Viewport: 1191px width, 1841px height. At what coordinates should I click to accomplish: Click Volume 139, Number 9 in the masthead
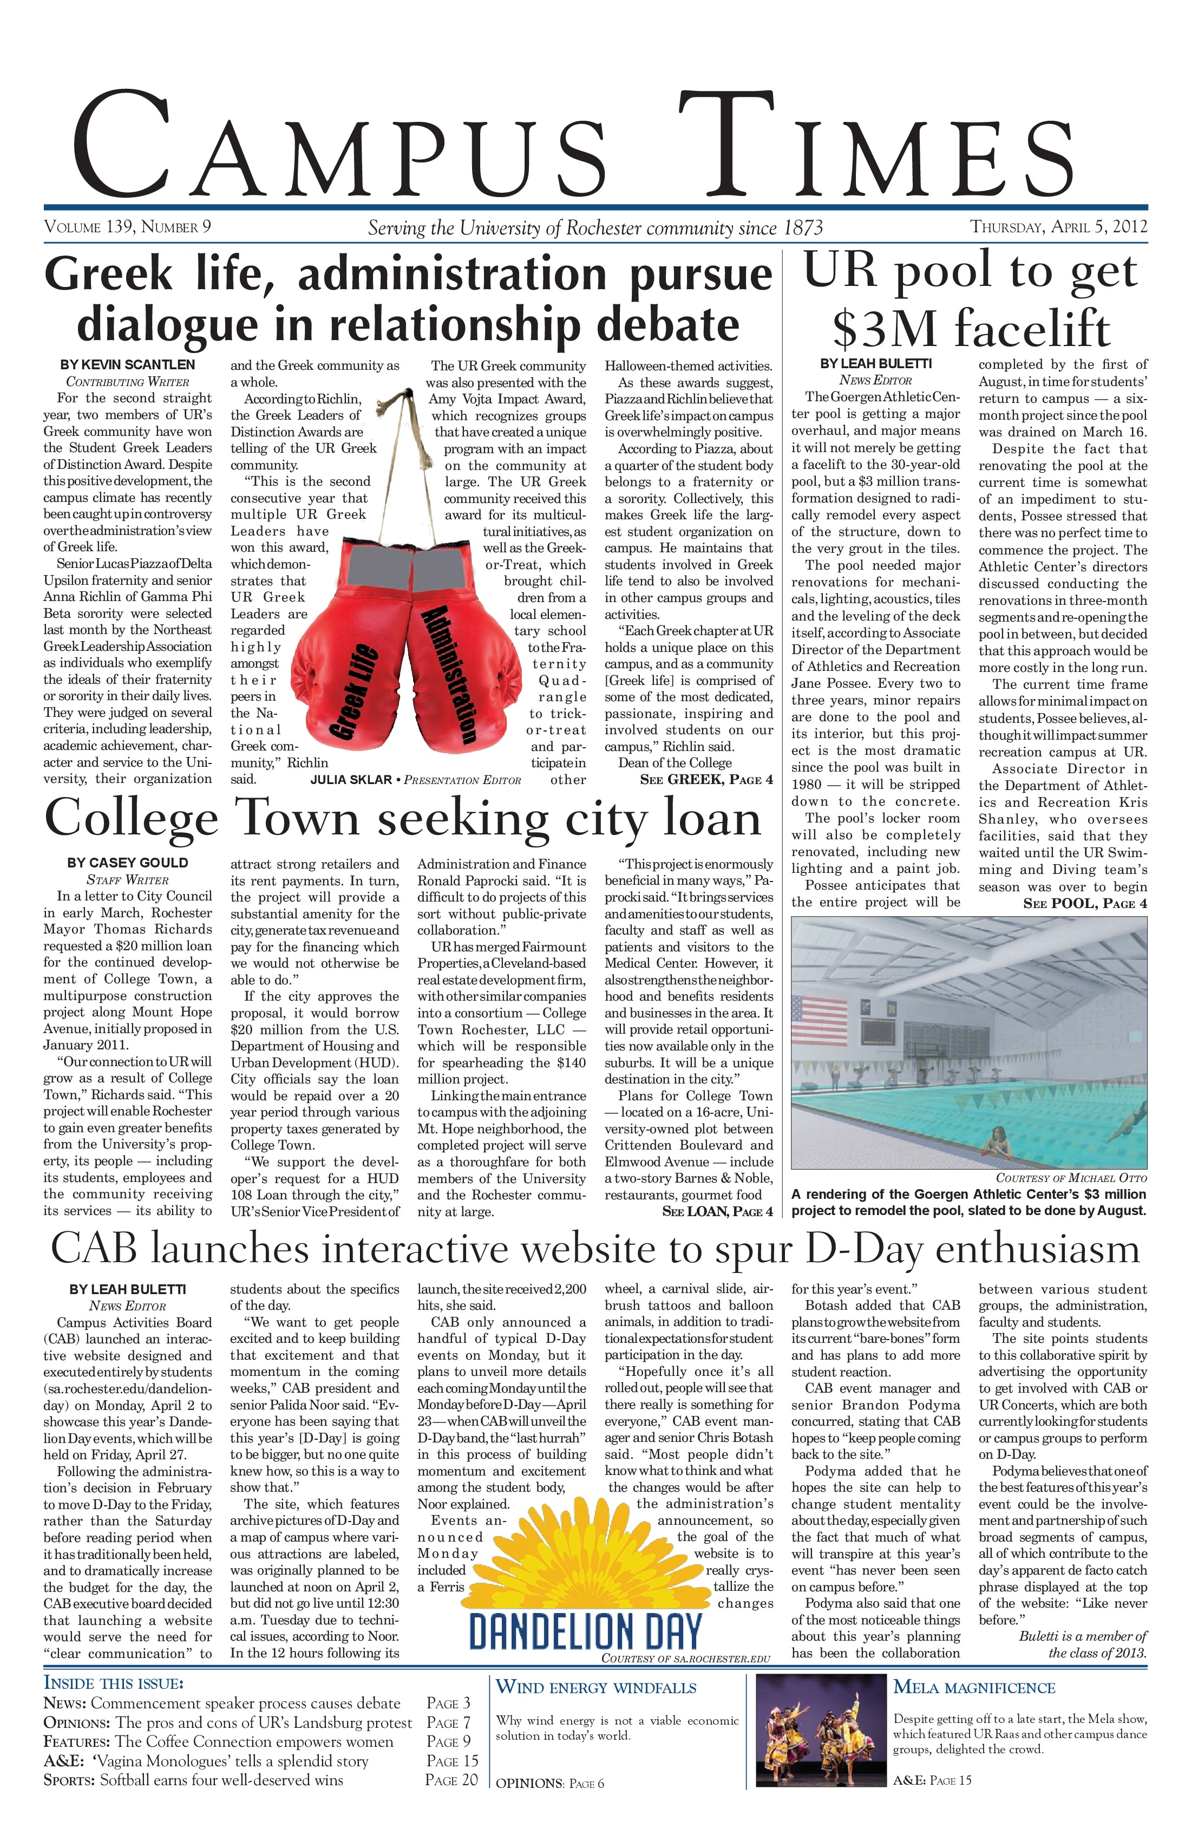(128, 227)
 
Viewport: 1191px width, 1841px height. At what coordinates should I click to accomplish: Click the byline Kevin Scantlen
(128, 364)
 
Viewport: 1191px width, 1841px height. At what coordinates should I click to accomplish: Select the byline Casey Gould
(128, 863)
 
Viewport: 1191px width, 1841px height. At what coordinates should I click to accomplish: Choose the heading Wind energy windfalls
(595, 1687)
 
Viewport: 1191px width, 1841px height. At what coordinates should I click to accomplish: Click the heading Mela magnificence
(974, 1687)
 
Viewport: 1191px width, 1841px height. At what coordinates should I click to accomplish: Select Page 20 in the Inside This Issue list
(451, 1779)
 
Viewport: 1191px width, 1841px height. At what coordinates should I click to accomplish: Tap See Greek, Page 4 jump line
(706, 780)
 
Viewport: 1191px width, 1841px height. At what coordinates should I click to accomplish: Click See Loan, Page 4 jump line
(717, 1211)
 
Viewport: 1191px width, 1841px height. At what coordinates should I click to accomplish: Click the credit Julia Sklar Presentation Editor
(415, 780)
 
